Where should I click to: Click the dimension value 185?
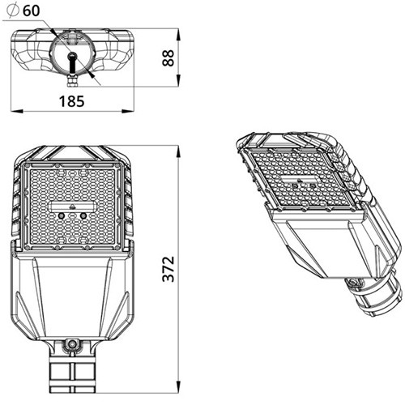click(71, 101)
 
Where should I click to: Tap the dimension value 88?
click(168, 58)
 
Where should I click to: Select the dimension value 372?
click(168, 269)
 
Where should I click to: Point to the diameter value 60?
click(32, 11)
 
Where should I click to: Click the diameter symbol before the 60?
click(13, 11)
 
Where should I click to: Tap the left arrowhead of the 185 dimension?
click(17, 111)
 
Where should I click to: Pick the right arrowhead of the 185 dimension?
click(128, 111)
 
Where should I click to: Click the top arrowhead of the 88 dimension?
click(178, 34)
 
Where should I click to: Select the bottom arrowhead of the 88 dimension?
click(178, 80)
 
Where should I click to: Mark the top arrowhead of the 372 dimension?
click(178, 151)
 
